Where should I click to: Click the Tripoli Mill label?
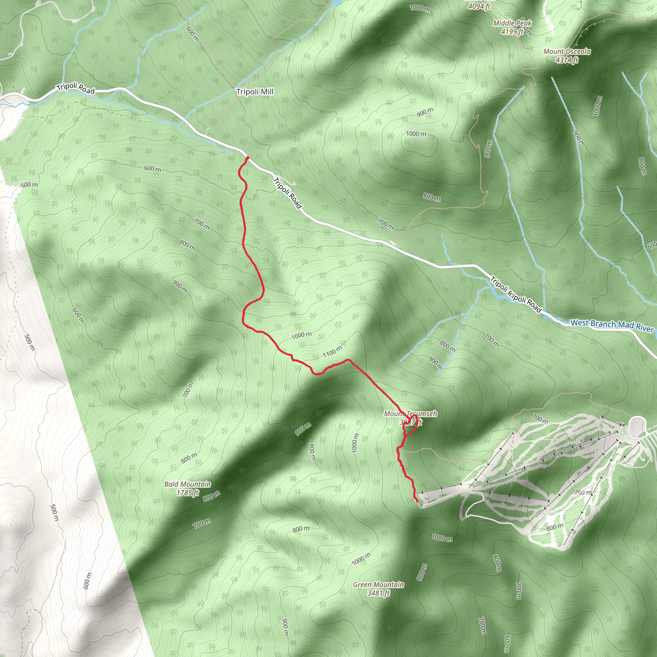(x=255, y=92)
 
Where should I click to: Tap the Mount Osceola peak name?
(x=567, y=52)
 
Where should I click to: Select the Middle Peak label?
(x=512, y=23)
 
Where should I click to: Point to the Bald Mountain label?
(x=187, y=484)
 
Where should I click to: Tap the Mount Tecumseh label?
(x=410, y=414)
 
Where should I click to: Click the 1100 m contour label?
(x=332, y=352)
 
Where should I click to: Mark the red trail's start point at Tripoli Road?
(x=247, y=158)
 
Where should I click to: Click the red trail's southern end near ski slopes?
(x=417, y=501)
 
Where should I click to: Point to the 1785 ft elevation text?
(x=188, y=493)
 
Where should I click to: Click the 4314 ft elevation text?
(x=567, y=60)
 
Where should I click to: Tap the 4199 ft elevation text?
(x=512, y=32)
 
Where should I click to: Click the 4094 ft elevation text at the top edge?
(x=479, y=6)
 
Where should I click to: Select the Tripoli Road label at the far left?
(x=75, y=88)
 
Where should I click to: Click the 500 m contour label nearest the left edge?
(x=29, y=185)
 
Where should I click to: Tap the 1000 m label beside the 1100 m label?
(x=301, y=335)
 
